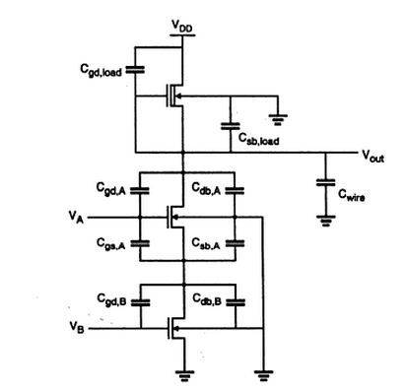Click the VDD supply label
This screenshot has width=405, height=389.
coord(182,24)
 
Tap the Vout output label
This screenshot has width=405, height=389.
coord(373,155)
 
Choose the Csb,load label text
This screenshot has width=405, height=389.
coord(260,141)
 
